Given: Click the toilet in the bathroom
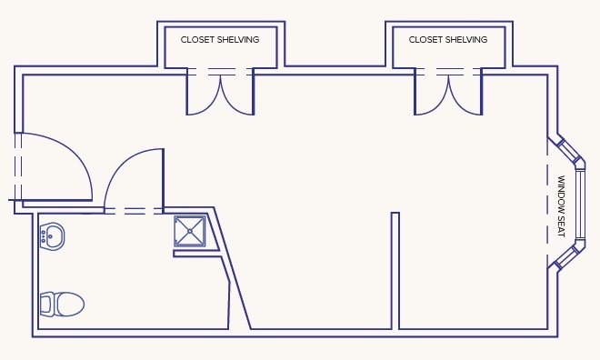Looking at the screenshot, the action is click(x=62, y=305).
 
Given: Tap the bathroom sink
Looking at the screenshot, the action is click(x=52, y=236).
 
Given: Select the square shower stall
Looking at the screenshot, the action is click(x=190, y=231).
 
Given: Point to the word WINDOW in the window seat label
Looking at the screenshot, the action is click(x=561, y=191).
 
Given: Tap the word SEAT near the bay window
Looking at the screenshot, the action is click(x=561, y=224).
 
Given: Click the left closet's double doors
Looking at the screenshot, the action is click(x=220, y=95).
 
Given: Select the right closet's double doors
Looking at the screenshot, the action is click(x=448, y=95).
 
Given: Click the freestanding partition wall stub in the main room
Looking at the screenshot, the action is click(x=395, y=271).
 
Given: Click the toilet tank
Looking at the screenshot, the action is click(x=46, y=305).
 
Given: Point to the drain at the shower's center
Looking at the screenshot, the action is click(x=190, y=231).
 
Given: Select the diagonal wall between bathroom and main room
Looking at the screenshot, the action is click(x=232, y=268).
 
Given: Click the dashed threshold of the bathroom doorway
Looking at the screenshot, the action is click(x=134, y=211).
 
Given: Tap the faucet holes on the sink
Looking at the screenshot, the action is click(x=44, y=236).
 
